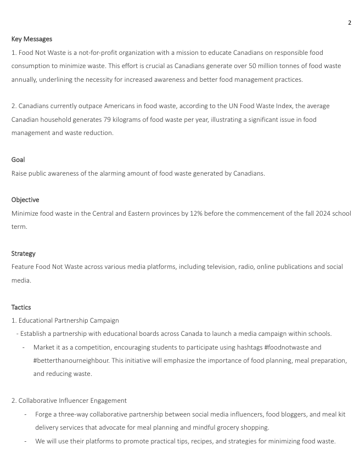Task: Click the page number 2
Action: tap(349, 22)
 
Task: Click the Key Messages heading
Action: tap(32, 39)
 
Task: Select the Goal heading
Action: tap(18, 160)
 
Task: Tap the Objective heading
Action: tap(25, 200)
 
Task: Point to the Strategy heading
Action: tap(24, 254)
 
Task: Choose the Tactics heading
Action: tap(21, 307)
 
